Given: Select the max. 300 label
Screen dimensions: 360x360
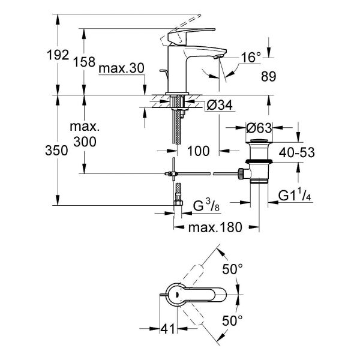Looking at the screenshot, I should point(85,134).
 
